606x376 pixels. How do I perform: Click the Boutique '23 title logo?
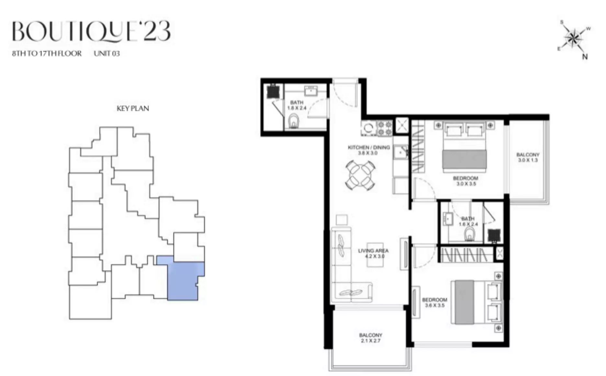coord(92,31)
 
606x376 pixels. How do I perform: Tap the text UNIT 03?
coord(107,53)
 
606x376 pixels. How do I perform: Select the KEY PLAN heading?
coord(133,108)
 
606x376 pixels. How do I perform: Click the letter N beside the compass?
coord(585,57)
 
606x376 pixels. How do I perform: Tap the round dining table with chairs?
coord(360,175)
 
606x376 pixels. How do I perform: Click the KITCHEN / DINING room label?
coord(368,150)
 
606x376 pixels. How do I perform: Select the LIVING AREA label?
coord(373,253)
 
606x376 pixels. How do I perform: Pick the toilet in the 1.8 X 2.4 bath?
coord(294,122)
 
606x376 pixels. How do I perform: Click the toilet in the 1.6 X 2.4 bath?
coord(469,235)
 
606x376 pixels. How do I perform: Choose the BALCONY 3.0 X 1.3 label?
coord(528,157)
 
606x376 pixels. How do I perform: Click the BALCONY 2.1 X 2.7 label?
coord(371,338)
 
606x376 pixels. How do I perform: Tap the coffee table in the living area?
coord(375,255)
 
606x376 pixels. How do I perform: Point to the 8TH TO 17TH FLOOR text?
coord(47,53)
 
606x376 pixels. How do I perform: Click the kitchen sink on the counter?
coord(401,151)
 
